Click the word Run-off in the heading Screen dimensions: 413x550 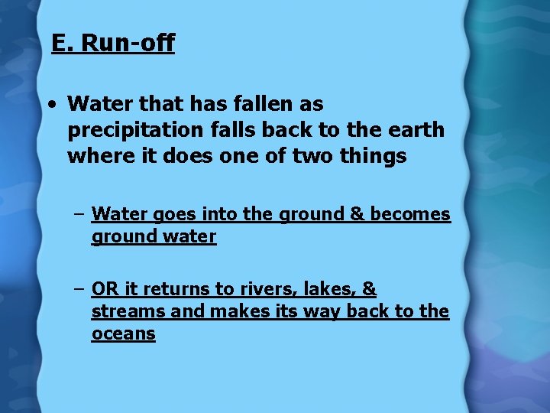coord(128,43)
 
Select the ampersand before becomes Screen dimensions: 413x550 coord(357,215)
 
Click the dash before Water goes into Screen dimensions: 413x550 coord(79,215)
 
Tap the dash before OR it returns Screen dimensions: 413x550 coord(79,289)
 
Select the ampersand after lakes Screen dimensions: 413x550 coord(369,289)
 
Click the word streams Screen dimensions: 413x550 coord(123,311)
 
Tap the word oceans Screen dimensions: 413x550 coord(123,333)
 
